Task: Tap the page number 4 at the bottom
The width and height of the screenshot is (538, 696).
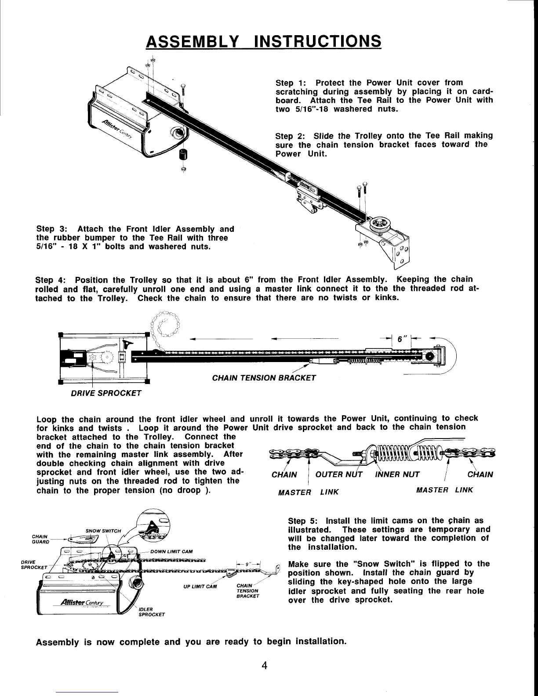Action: [264, 665]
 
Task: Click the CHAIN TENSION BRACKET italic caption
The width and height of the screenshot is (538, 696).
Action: [264, 378]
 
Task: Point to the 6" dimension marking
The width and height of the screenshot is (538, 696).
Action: [401, 340]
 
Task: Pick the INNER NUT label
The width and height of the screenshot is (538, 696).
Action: [397, 474]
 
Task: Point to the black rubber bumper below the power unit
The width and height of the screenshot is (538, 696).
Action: [183, 154]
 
